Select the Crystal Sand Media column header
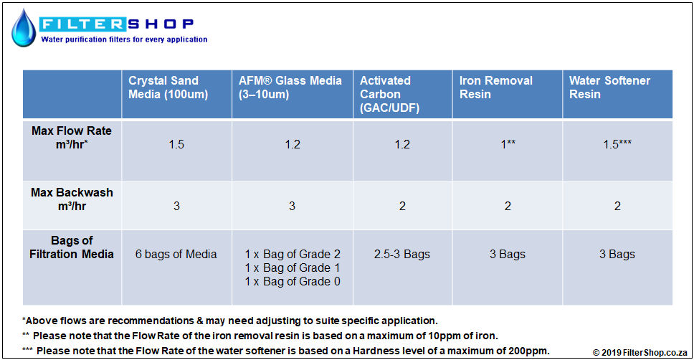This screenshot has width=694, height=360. (168, 87)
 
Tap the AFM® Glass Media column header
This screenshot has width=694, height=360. (290, 87)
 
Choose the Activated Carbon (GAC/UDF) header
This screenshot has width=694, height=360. (389, 94)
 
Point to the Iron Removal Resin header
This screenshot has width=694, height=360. (495, 87)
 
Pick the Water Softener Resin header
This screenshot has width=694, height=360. (609, 87)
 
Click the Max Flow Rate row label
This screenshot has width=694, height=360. (72, 137)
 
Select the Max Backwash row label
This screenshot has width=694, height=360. (72, 199)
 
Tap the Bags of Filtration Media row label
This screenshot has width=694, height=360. (72, 247)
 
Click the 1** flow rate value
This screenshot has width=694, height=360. (508, 144)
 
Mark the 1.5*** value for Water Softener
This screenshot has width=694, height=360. (617, 144)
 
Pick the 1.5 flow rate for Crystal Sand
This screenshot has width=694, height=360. (176, 144)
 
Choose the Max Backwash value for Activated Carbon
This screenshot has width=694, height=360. (402, 206)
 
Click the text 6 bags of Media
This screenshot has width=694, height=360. (176, 254)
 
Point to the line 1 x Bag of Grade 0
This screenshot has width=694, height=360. (293, 282)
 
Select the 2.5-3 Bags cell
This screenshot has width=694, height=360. (402, 254)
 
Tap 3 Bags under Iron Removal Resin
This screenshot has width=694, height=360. (508, 254)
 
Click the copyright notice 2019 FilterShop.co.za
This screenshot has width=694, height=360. (640, 353)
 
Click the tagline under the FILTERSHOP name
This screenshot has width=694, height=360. (124, 39)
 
